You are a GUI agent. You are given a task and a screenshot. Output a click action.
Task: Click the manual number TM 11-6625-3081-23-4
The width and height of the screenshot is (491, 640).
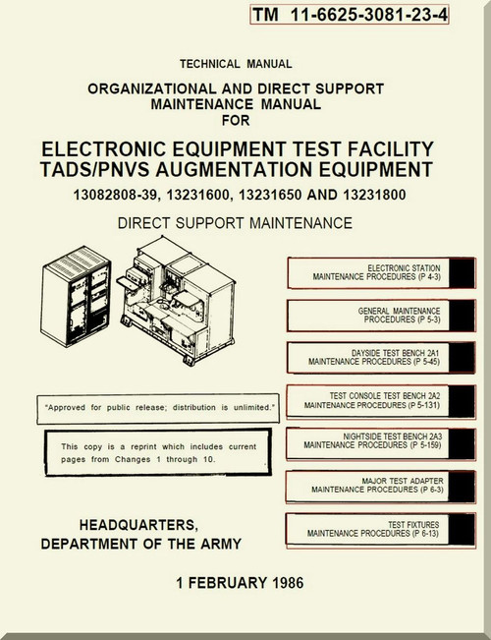[x=350, y=15]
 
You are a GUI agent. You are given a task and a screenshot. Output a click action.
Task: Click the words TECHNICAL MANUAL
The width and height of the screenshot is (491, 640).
[x=236, y=64]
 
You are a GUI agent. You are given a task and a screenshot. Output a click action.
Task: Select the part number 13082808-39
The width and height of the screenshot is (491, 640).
[x=115, y=195]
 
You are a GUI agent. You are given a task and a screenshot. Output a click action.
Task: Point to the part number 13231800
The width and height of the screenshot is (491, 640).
[x=374, y=195]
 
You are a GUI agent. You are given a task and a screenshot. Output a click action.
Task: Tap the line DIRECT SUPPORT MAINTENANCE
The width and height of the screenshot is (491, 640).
[x=235, y=223]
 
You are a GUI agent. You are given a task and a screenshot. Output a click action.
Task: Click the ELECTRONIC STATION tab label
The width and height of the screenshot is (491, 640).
[x=376, y=272]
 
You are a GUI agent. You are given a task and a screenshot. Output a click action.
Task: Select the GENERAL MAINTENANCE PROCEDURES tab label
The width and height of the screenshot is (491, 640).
[x=399, y=316]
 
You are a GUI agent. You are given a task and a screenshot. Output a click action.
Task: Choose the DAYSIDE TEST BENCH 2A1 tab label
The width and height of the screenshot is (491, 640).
[x=374, y=357]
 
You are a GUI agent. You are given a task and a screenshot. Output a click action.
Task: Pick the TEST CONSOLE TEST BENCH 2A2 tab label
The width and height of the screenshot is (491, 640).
[x=372, y=400]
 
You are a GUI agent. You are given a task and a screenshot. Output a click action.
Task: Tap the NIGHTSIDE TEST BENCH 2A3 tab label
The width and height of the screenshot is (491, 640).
[x=373, y=440]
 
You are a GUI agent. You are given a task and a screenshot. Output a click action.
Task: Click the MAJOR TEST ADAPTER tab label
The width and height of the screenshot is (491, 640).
[x=377, y=485]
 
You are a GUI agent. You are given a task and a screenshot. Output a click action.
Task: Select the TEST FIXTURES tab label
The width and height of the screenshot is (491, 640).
[x=373, y=529]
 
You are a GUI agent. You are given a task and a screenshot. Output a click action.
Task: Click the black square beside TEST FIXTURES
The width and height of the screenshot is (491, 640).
[x=462, y=529]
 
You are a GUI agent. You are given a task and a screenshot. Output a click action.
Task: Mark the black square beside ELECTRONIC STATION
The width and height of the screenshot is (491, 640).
[x=463, y=273]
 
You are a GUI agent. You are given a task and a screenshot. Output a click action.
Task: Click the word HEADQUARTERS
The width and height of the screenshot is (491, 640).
[x=138, y=525]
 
